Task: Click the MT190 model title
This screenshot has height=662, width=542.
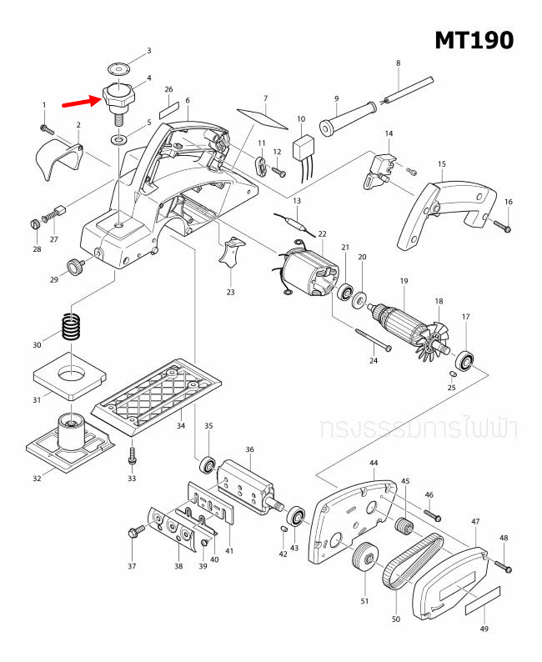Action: click(x=473, y=40)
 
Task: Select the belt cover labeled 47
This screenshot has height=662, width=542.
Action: click(x=454, y=581)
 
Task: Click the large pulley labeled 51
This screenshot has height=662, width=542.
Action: click(x=364, y=558)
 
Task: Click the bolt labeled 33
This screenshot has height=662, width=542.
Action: click(x=131, y=457)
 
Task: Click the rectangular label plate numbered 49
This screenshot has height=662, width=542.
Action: click(x=483, y=598)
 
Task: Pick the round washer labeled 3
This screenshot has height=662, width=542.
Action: click(x=119, y=65)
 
